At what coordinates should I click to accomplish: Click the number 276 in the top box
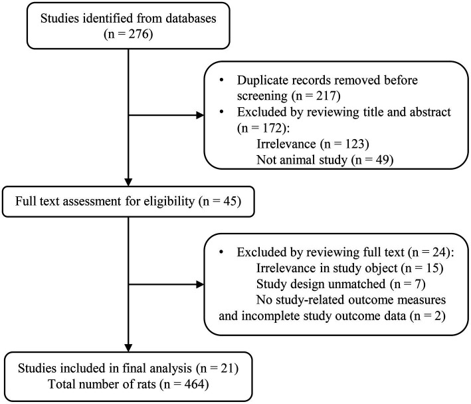point(139,34)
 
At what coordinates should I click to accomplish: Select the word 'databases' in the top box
point(191,18)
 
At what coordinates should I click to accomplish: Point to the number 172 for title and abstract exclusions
point(272,128)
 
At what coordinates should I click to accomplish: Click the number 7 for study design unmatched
point(418,284)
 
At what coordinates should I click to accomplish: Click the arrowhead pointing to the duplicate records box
point(200,115)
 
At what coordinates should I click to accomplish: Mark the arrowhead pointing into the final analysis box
point(128,347)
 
